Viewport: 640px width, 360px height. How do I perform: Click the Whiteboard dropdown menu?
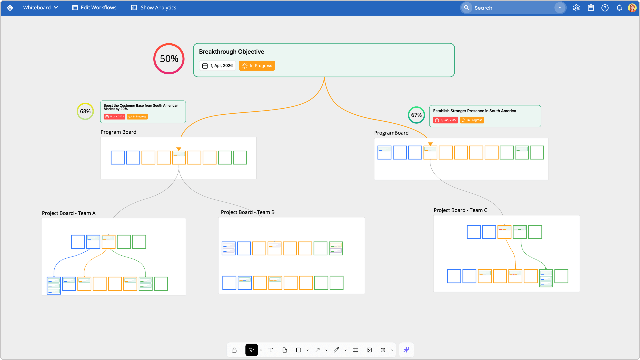coord(40,8)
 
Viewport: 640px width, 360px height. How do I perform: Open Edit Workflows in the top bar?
coord(94,8)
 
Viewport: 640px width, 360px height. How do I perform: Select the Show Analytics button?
coord(154,8)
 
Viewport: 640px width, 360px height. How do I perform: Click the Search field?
coord(510,8)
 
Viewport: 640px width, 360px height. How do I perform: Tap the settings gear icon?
coord(576,8)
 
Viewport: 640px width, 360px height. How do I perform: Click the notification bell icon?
coord(619,8)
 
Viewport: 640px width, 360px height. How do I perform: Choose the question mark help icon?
coord(605,8)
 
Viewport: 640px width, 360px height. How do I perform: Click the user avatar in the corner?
coord(632,8)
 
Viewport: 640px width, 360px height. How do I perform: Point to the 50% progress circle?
coord(169,59)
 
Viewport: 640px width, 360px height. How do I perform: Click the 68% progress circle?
coord(85,111)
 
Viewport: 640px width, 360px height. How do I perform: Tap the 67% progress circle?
coord(416,115)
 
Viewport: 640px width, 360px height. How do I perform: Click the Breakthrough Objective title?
coord(232,52)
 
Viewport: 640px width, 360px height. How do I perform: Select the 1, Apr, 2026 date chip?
coord(218,66)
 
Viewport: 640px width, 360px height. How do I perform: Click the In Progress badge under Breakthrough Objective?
coord(257,66)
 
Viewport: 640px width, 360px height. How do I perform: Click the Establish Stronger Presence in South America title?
coord(474,111)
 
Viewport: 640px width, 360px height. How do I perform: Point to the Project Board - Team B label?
coord(248,212)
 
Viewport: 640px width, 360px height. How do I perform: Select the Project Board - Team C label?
coord(460,210)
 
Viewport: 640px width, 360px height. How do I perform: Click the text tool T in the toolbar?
coord(271,350)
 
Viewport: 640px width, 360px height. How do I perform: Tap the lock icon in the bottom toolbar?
coord(234,350)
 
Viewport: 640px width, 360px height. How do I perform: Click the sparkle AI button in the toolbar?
coord(406,350)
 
